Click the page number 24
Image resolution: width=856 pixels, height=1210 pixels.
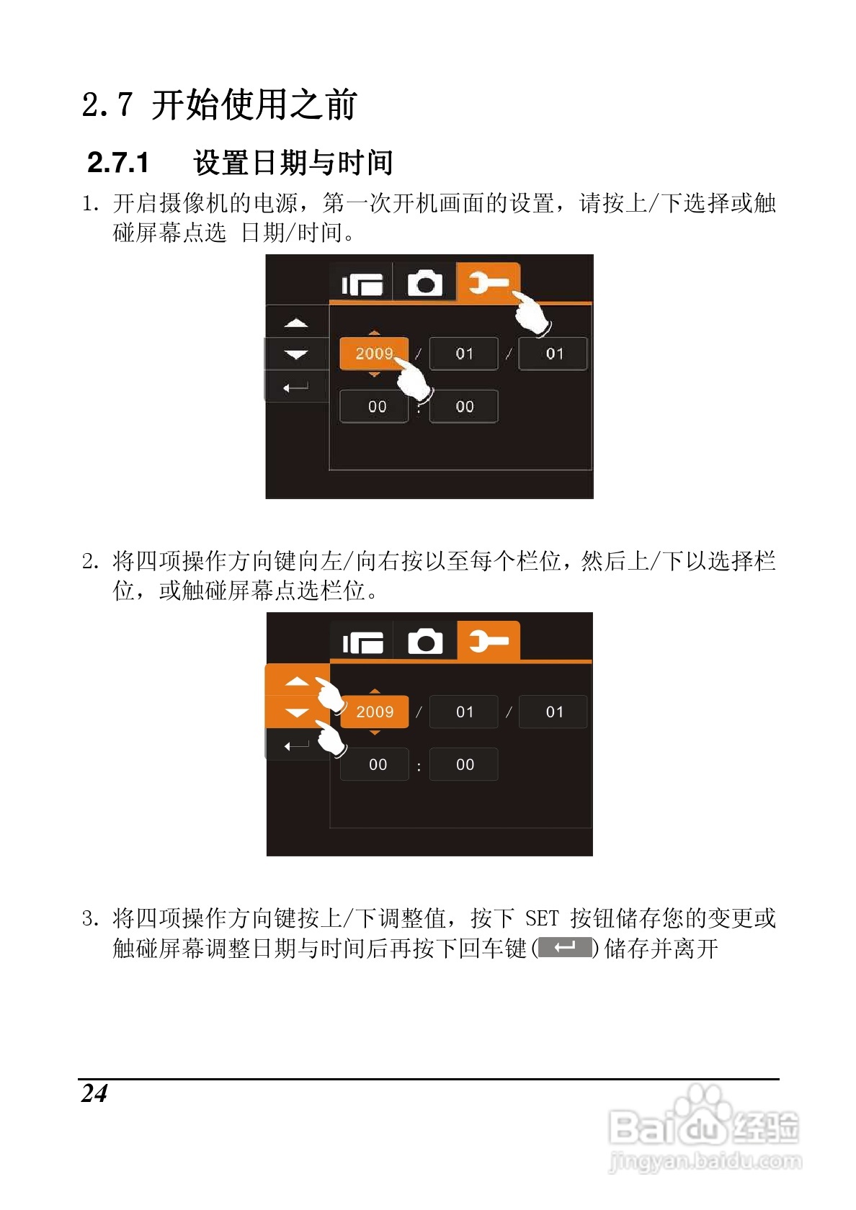coord(94,1093)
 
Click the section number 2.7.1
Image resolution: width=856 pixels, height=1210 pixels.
coord(118,162)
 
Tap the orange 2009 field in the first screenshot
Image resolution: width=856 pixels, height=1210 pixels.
coord(374,353)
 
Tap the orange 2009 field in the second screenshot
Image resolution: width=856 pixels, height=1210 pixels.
coord(375,712)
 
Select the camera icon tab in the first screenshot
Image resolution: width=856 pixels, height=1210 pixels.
coord(425,282)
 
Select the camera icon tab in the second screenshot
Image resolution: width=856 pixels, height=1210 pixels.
coord(425,641)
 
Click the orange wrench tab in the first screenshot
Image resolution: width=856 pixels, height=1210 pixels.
coord(489,282)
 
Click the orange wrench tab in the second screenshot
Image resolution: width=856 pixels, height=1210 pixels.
coord(489,641)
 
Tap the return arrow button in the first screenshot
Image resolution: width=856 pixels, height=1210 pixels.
coord(296,386)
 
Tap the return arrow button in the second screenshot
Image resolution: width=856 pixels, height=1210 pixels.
coord(296,745)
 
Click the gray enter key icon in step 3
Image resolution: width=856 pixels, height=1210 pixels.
coord(565,948)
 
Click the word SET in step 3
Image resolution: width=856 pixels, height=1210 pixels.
coord(542,918)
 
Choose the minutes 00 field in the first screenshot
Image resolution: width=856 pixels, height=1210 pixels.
coord(464,406)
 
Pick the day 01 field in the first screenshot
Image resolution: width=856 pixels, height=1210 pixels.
coord(553,353)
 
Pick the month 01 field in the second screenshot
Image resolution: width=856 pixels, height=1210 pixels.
coord(464,712)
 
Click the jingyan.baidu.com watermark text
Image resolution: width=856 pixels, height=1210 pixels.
coord(705,1160)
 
